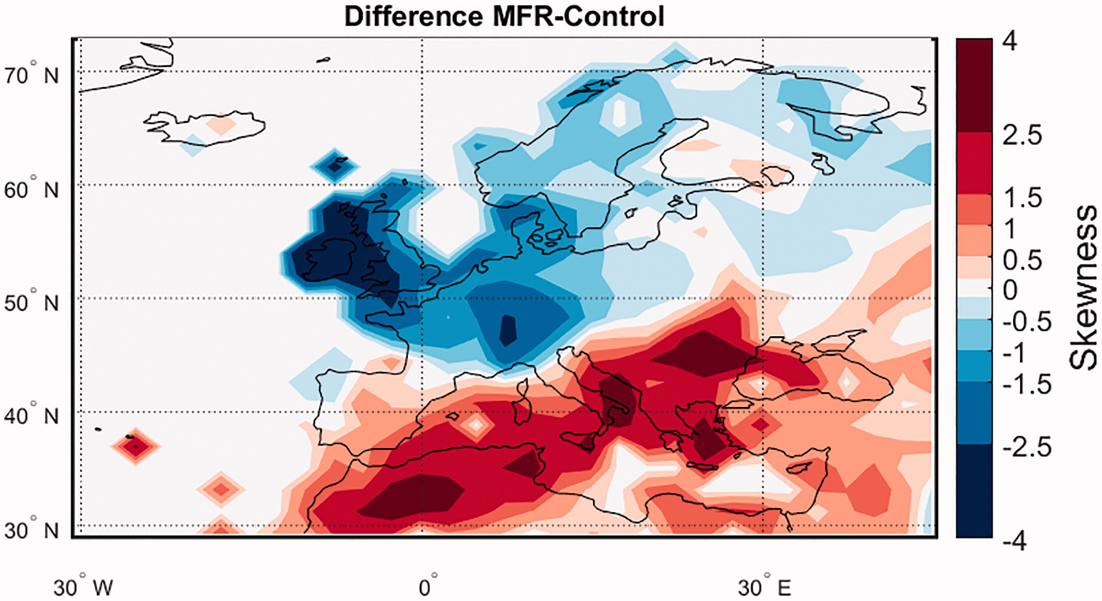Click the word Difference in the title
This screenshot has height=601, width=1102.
click(414, 17)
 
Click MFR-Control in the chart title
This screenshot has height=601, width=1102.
click(578, 17)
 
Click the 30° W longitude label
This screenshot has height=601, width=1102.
click(83, 586)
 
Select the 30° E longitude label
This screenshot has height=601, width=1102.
click(764, 586)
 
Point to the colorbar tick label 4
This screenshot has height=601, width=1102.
click(1010, 42)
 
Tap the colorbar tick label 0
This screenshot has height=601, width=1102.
click(1010, 291)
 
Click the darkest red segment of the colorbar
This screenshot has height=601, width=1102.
click(974, 85)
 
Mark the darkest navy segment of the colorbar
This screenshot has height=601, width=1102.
click(974, 491)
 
